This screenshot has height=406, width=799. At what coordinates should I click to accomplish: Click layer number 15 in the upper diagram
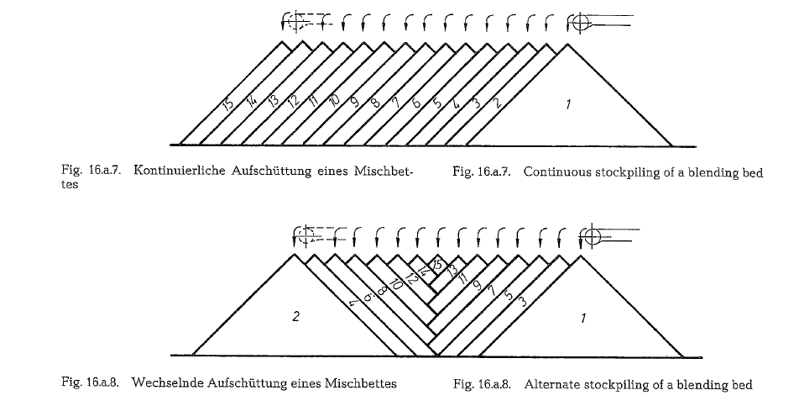pyautogui.click(x=228, y=103)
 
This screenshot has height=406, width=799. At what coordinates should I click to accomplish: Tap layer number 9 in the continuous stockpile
pyautogui.click(x=355, y=102)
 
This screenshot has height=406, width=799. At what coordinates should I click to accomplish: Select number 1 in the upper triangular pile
pyautogui.click(x=568, y=104)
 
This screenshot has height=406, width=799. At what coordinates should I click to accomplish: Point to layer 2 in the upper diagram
pyautogui.click(x=497, y=102)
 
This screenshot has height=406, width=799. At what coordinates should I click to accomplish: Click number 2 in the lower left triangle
pyautogui.click(x=296, y=316)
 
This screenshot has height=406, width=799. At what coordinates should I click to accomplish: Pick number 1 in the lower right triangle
pyautogui.click(x=583, y=319)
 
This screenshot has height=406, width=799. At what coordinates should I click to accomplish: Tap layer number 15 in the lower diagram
pyautogui.click(x=436, y=266)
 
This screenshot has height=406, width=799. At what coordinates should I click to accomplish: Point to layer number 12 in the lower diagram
pyautogui.click(x=412, y=279)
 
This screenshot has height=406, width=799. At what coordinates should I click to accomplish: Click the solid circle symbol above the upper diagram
pyautogui.click(x=579, y=24)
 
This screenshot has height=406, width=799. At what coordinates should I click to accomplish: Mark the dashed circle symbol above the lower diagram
pyautogui.click(x=306, y=235)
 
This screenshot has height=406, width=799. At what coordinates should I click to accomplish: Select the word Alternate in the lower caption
pyautogui.click(x=549, y=384)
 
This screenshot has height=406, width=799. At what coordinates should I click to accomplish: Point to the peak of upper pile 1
pyautogui.click(x=567, y=45)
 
